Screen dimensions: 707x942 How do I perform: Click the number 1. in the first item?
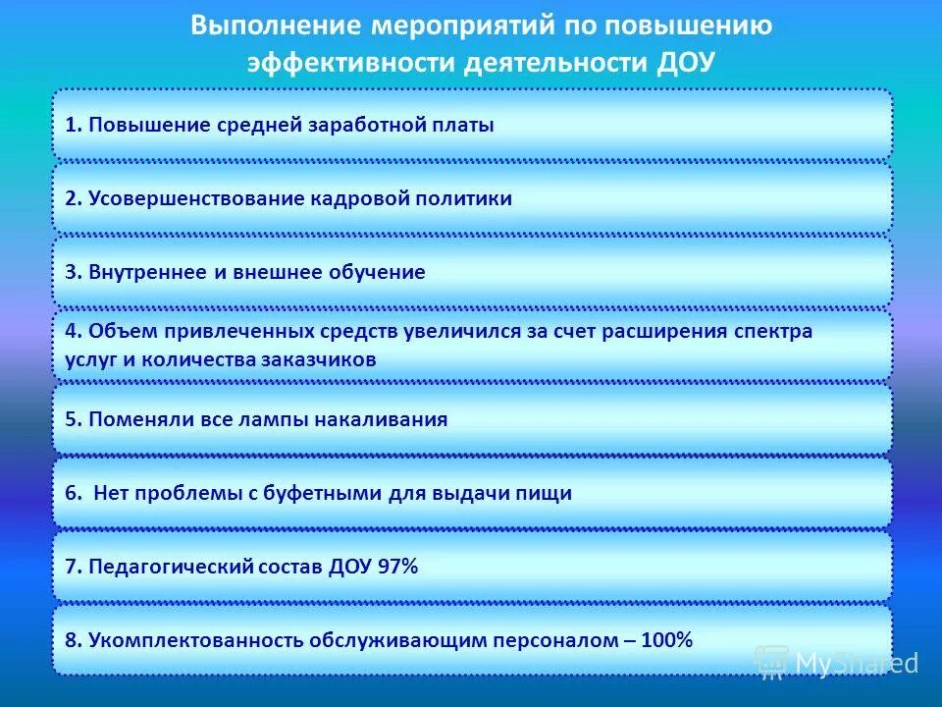click(74, 125)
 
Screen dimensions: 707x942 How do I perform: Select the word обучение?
click(379, 272)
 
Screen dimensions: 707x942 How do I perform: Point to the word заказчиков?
click(319, 359)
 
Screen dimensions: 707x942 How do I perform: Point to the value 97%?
click(397, 567)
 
